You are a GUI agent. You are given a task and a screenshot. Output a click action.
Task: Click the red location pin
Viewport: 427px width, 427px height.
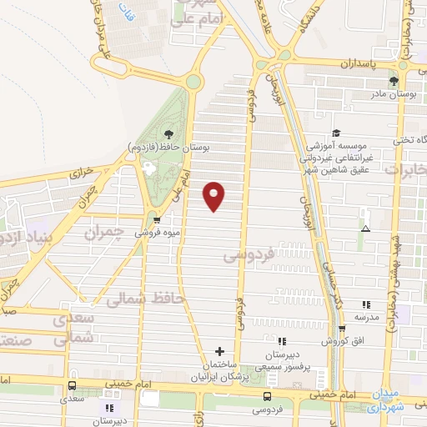214,195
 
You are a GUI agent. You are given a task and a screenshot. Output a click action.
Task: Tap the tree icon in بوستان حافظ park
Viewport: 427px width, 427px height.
168,133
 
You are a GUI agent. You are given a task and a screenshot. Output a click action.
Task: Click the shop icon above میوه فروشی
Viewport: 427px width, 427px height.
156,220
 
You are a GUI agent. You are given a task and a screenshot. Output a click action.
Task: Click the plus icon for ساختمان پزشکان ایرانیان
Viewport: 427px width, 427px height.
219,351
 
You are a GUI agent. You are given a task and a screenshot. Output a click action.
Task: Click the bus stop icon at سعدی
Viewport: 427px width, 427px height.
73,386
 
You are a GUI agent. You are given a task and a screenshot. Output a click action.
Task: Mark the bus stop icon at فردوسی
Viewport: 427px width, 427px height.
267,396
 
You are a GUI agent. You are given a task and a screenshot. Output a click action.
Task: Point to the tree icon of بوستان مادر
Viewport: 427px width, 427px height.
394,81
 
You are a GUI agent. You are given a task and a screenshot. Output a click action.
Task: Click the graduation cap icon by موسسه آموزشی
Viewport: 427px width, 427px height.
335,132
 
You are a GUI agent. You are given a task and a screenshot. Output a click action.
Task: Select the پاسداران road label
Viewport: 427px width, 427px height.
359,63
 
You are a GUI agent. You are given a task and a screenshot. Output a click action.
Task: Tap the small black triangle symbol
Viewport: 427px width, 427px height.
364,228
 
